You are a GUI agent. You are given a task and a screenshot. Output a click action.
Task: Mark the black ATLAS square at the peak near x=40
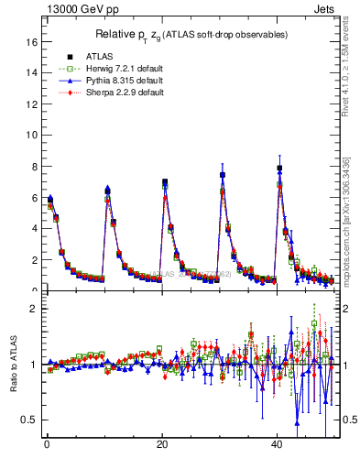pos(279,168)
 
